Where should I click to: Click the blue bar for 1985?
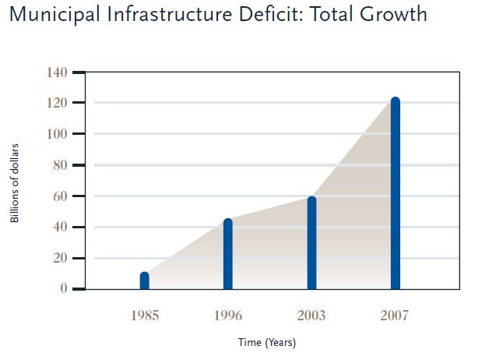(x=144, y=281)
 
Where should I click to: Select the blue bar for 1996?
(x=227, y=255)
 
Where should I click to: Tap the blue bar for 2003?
(x=311, y=243)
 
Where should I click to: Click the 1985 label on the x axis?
(x=144, y=316)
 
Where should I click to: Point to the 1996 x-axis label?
(x=227, y=316)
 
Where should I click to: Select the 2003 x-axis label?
(x=311, y=316)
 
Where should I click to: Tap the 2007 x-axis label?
(x=395, y=316)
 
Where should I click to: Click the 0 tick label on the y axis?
(x=63, y=289)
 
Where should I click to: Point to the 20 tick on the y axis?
(x=60, y=258)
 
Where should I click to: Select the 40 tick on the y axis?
(x=60, y=227)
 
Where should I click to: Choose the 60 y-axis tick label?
(x=60, y=196)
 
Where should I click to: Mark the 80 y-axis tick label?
(x=60, y=165)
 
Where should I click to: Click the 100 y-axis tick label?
(x=57, y=134)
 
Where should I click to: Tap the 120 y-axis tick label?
(x=57, y=103)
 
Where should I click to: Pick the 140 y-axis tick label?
(x=57, y=72)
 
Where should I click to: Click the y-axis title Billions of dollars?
(x=15, y=182)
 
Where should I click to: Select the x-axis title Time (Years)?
(x=267, y=342)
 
